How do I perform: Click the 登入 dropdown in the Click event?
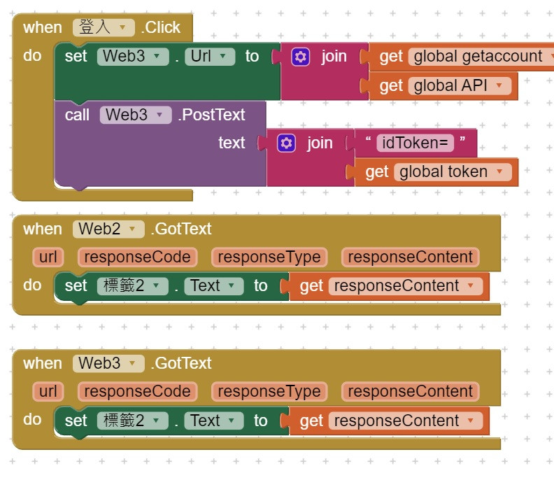pos(103,27)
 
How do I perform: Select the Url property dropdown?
pos(209,57)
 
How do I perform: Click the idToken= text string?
pos(415,143)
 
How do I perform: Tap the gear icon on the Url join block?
pos(301,57)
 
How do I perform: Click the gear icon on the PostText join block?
pos(286,143)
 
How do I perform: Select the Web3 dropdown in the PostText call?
pos(135,115)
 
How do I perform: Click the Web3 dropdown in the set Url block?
pos(133,57)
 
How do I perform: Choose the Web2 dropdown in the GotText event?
pos(108,229)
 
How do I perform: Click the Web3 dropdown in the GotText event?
pos(108,363)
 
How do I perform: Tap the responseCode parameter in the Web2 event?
pos(137,257)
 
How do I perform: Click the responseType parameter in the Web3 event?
pos(269,391)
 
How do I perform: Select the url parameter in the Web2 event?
pos(48,257)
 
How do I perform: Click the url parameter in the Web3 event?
pos(48,391)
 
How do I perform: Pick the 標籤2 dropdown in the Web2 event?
pos(132,285)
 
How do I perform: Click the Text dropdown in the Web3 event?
pos(213,421)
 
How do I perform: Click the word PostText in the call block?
pos(212,115)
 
